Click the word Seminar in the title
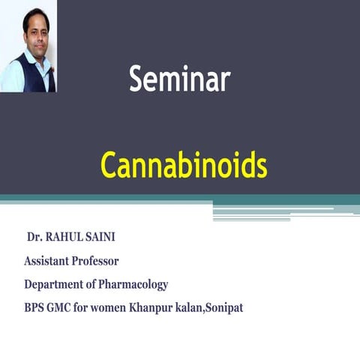pos(179,79)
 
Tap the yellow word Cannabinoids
pos(184,166)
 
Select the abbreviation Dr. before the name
pos(35,238)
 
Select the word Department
pos(55,284)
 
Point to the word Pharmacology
pos(136,284)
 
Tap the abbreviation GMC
pos(63,307)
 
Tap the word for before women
pos(89,307)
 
